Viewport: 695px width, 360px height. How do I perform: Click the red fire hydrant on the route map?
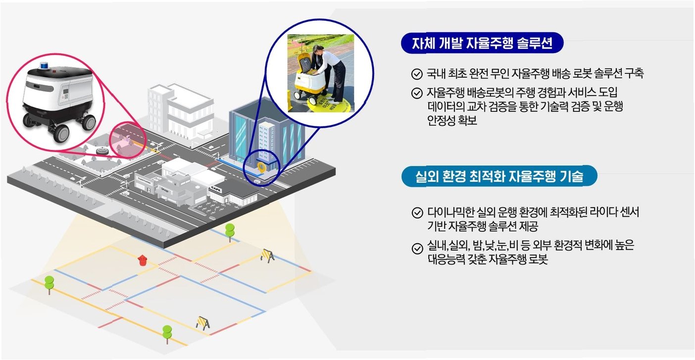point(143,260)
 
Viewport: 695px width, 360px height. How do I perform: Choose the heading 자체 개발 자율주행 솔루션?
point(482,45)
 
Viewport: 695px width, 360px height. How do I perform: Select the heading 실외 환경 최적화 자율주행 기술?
point(499,176)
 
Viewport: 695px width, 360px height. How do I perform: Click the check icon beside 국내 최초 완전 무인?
point(416,75)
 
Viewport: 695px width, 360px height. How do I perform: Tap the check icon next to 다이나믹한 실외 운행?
point(416,214)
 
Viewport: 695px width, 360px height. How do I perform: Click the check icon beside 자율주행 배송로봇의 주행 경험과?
point(416,93)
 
